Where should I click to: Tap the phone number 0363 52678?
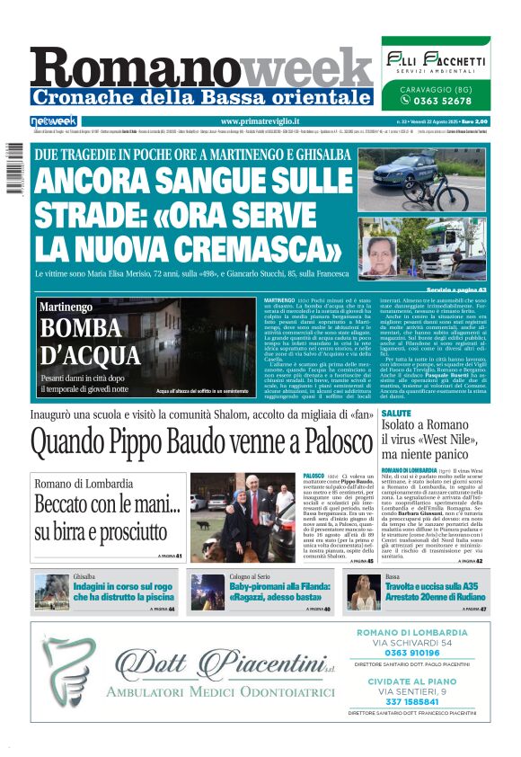click(x=437, y=101)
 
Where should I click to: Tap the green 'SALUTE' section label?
click(x=395, y=413)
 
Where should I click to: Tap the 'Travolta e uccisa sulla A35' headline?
click(x=436, y=591)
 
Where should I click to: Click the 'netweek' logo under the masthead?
click(x=54, y=121)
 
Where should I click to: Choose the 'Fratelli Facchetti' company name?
click(x=435, y=60)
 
